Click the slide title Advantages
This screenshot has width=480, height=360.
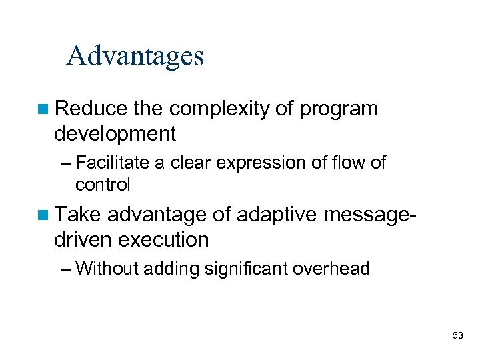click(135, 56)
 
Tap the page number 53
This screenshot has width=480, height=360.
click(457, 335)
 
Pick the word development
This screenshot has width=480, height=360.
click(115, 134)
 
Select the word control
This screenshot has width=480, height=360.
click(103, 183)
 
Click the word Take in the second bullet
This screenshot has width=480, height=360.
click(78, 214)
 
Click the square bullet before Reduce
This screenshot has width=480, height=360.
click(43, 109)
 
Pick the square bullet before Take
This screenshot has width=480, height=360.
click(43, 214)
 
